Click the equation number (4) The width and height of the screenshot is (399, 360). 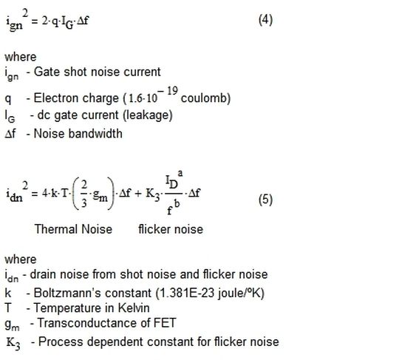[265, 20]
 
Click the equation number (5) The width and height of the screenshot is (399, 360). [265, 200]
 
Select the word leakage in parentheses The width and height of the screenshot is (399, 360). [148, 115]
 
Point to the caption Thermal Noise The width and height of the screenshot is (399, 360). [73, 229]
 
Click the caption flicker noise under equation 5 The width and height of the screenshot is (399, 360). [171, 229]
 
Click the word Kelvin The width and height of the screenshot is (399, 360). [134, 308]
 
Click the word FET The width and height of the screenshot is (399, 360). [165, 323]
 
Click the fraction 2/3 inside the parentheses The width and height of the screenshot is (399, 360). [84, 194]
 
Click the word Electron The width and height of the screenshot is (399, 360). [54, 98]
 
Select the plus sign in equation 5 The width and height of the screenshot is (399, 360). [137, 194]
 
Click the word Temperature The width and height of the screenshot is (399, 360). [68, 308]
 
